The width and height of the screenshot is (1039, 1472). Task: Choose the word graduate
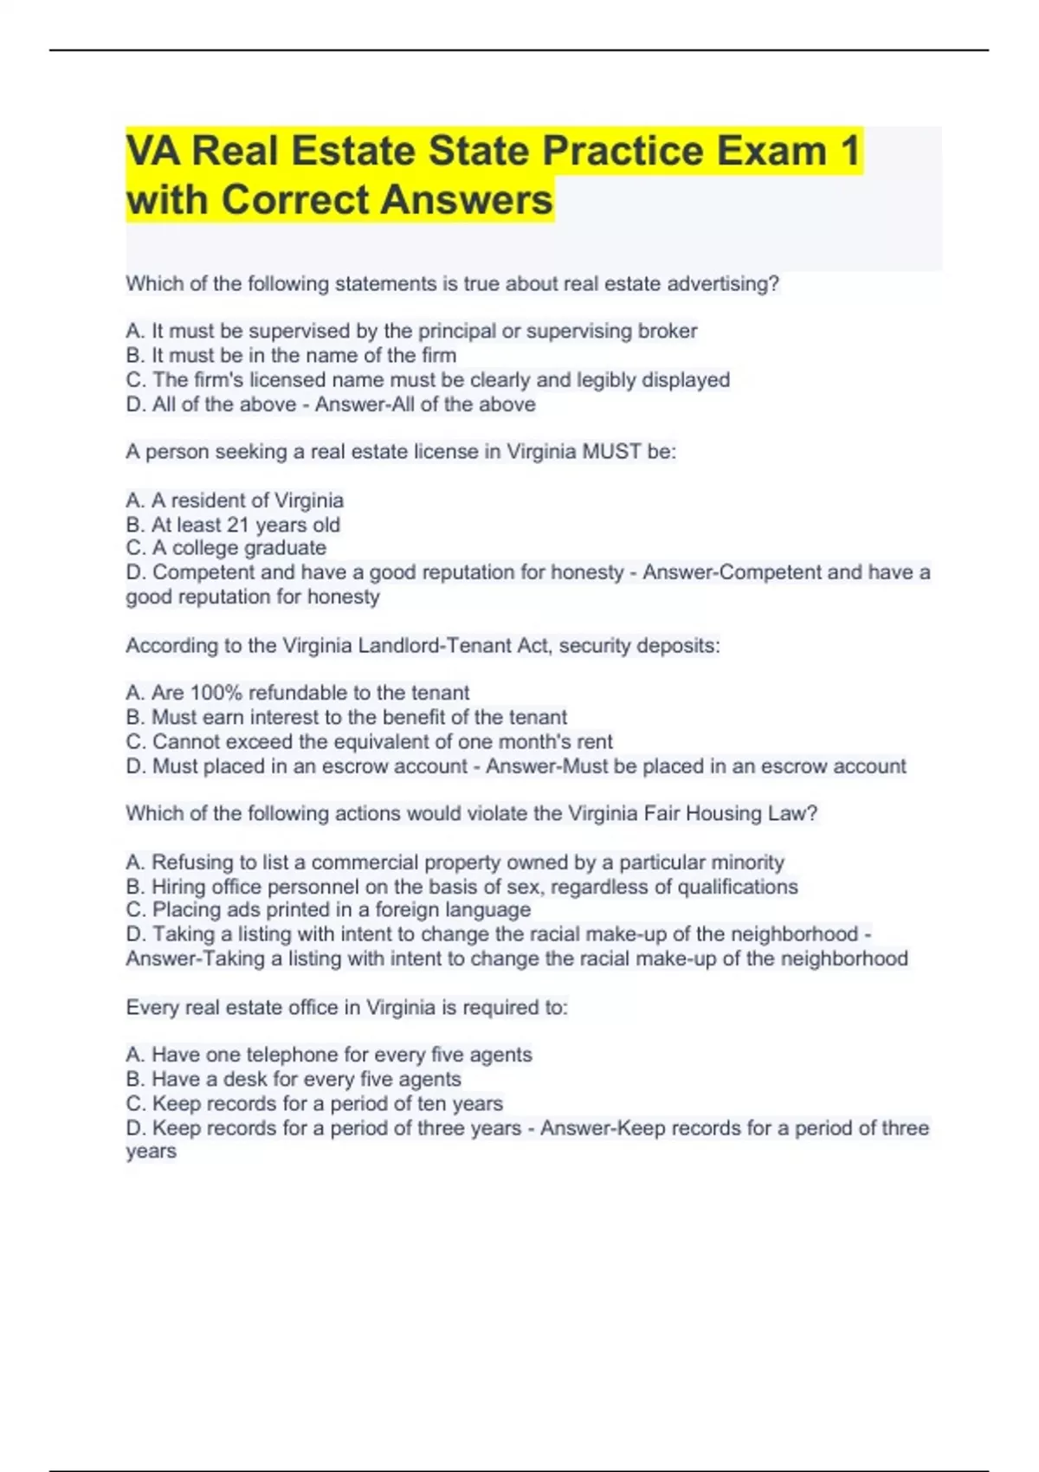pos(286,548)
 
